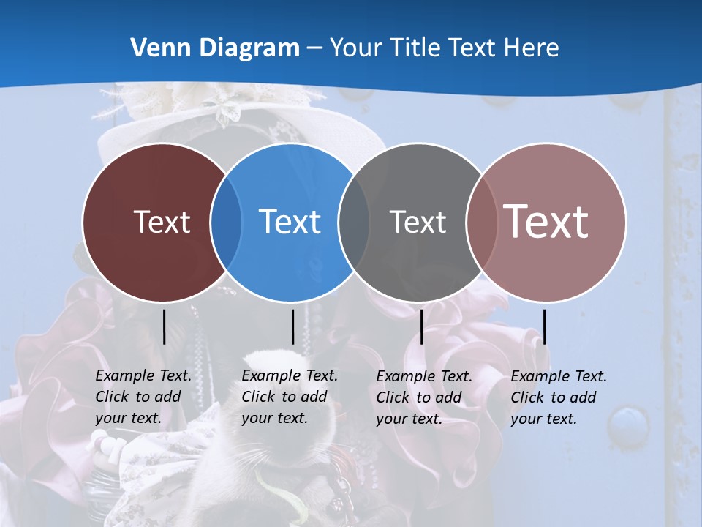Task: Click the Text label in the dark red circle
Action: coord(162,222)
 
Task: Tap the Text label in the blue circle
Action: coord(290,222)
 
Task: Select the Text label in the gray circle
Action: coord(418,222)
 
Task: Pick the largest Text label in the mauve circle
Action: coord(546,221)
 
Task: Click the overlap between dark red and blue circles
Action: coord(226,223)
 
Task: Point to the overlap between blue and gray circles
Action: coord(354,223)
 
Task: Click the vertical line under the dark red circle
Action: coord(164,326)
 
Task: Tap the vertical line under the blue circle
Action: coord(292,326)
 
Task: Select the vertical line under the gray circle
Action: coord(421,326)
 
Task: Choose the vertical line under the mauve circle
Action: coord(544,326)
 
